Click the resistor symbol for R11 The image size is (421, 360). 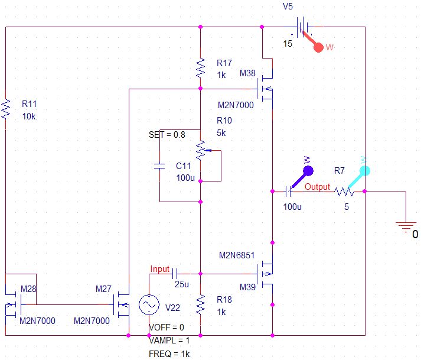click(6, 109)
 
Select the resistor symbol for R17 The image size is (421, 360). click(201, 68)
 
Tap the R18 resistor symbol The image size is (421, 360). click(201, 304)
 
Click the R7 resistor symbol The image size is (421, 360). click(344, 192)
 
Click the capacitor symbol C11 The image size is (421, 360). click(159, 167)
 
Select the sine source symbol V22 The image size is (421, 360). click(148, 304)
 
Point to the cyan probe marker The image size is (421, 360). click(364, 171)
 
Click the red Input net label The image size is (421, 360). click(160, 269)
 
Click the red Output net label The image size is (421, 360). click(317, 187)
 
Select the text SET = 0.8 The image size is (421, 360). click(167, 134)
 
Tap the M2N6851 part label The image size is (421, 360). click(236, 256)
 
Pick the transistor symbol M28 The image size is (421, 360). click(15, 304)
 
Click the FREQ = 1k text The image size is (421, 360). click(169, 353)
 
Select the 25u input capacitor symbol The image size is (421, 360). click(175, 274)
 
